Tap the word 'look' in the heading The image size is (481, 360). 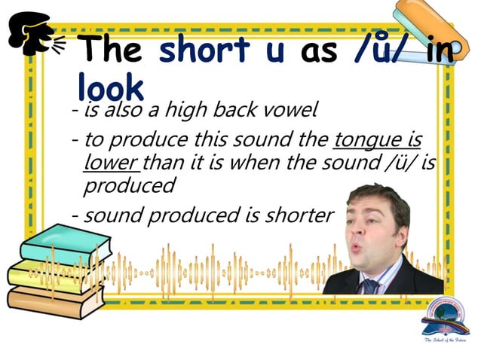click(x=109, y=87)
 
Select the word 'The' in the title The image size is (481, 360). click(x=112, y=50)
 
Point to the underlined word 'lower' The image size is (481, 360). click(x=111, y=162)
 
